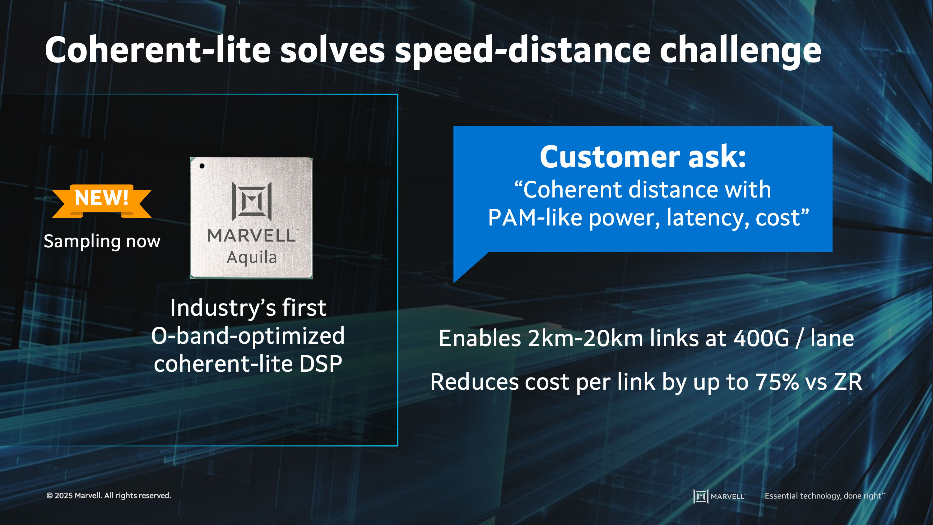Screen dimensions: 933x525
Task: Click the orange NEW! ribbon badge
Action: coord(102,201)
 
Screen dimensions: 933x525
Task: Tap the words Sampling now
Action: coord(102,241)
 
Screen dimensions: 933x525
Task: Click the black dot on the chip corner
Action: coord(202,166)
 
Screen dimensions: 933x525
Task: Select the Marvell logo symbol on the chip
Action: coord(252,201)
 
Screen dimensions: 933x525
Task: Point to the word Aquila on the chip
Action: coord(252,258)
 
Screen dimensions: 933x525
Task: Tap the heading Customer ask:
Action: coord(643,156)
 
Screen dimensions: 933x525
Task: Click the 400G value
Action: coord(761,338)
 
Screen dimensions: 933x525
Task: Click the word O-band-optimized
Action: coord(248,336)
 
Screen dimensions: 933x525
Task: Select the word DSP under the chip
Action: coord(321,364)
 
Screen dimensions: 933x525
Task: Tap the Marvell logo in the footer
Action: coord(719,496)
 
